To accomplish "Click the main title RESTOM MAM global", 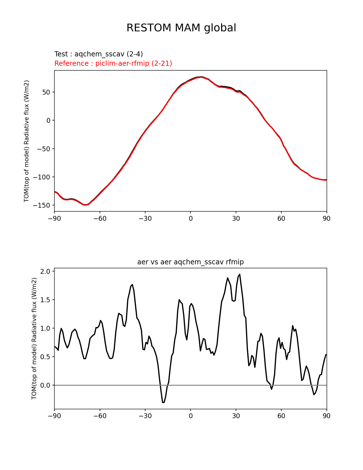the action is (x=181, y=28).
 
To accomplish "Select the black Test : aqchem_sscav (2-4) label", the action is (x=99, y=54).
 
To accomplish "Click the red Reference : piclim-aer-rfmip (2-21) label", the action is (x=113, y=63).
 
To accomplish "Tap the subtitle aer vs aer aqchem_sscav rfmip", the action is (x=190, y=262).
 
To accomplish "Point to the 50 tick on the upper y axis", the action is (x=46, y=92).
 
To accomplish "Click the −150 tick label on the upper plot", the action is (x=42, y=205).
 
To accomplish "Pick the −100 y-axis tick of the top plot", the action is (x=42, y=177).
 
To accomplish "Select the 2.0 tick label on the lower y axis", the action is (x=45, y=271).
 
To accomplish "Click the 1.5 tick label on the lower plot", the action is (x=45, y=300).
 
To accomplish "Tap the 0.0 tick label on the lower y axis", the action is (x=45, y=385).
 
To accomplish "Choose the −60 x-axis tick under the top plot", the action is (x=100, y=218).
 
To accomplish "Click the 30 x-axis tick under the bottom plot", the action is (x=236, y=416).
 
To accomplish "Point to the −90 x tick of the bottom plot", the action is (x=54, y=416).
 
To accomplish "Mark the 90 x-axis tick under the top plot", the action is (x=327, y=218).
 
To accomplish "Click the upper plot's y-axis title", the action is (x=26, y=141).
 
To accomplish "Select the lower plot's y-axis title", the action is (x=34, y=338).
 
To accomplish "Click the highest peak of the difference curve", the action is (x=239, y=275).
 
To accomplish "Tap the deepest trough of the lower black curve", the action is (x=163, y=402).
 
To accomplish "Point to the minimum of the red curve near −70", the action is (x=85, y=205).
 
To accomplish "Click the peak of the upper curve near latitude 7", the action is (x=201, y=77).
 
